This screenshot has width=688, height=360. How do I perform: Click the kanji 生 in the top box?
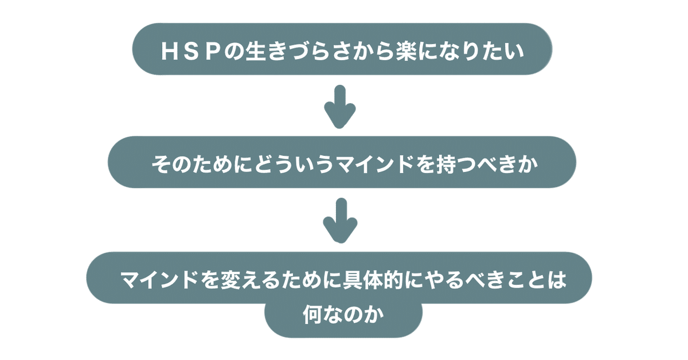click(256, 51)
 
